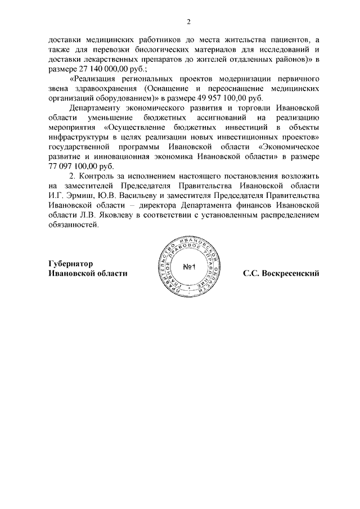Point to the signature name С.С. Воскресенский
coord(281,273)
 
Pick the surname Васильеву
coord(130,196)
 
